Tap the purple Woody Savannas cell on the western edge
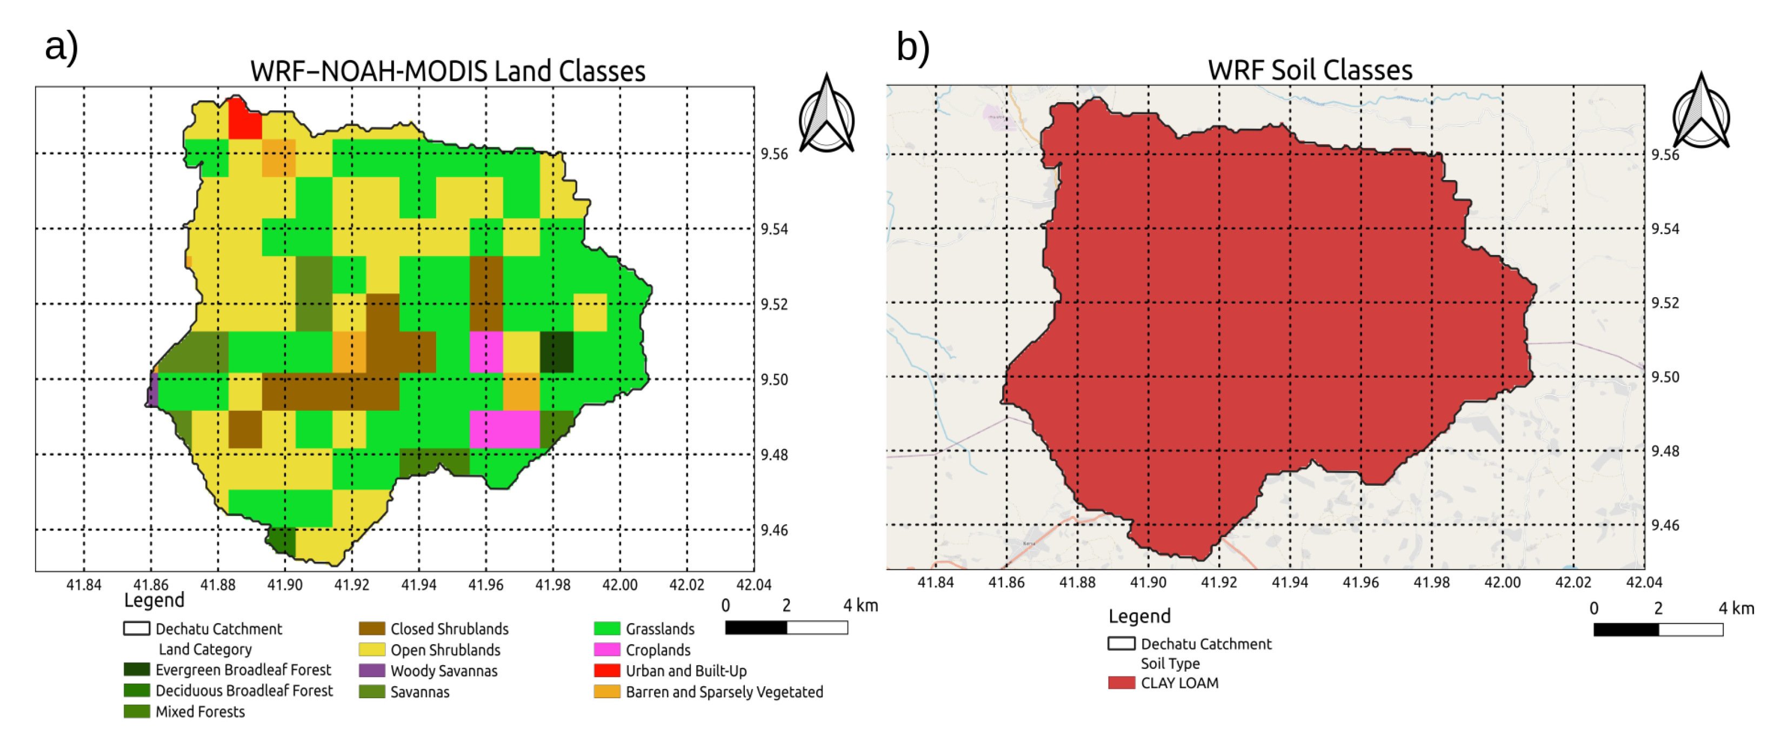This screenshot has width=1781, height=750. [x=153, y=391]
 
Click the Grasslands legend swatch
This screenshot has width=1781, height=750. [x=606, y=628]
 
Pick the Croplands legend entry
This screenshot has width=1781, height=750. [x=657, y=650]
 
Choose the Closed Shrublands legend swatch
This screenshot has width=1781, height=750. [x=371, y=628]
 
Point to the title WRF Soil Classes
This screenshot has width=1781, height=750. [x=1310, y=70]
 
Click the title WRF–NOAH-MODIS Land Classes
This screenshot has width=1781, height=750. [x=448, y=71]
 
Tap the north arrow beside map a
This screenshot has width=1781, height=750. [x=826, y=115]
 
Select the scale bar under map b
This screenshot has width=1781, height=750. [x=1657, y=629]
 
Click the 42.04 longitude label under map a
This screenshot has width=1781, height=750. [x=753, y=585]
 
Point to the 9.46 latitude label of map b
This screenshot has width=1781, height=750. [x=1665, y=525]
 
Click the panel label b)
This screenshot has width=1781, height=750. [x=912, y=47]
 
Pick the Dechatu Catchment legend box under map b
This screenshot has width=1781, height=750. [x=1120, y=644]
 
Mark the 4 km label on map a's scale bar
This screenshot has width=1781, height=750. [x=859, y=606]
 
